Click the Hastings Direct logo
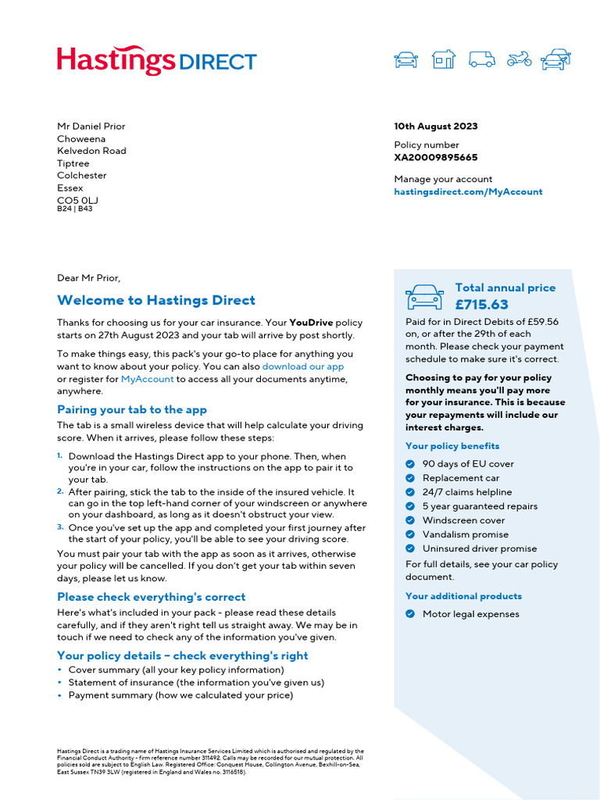(156, 60)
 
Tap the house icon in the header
(443, 59)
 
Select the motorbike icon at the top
(519, 59)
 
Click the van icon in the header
(481, 59)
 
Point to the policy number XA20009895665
(435, 157)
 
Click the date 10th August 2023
(435, 127)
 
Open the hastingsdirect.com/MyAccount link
(467, 191)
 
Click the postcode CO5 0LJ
(77, 200)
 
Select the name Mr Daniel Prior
(91, 127)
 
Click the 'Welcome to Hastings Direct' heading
(155, 301)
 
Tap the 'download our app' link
(302, 366)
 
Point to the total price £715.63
(481, 305)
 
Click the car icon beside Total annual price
(424, 297)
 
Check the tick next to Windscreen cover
(410, 520)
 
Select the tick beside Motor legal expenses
(410, 614)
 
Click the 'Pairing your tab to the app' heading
(131, 410)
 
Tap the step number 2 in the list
(60, 491)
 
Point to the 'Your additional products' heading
(463, 596)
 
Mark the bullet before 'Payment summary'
(60, 695)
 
